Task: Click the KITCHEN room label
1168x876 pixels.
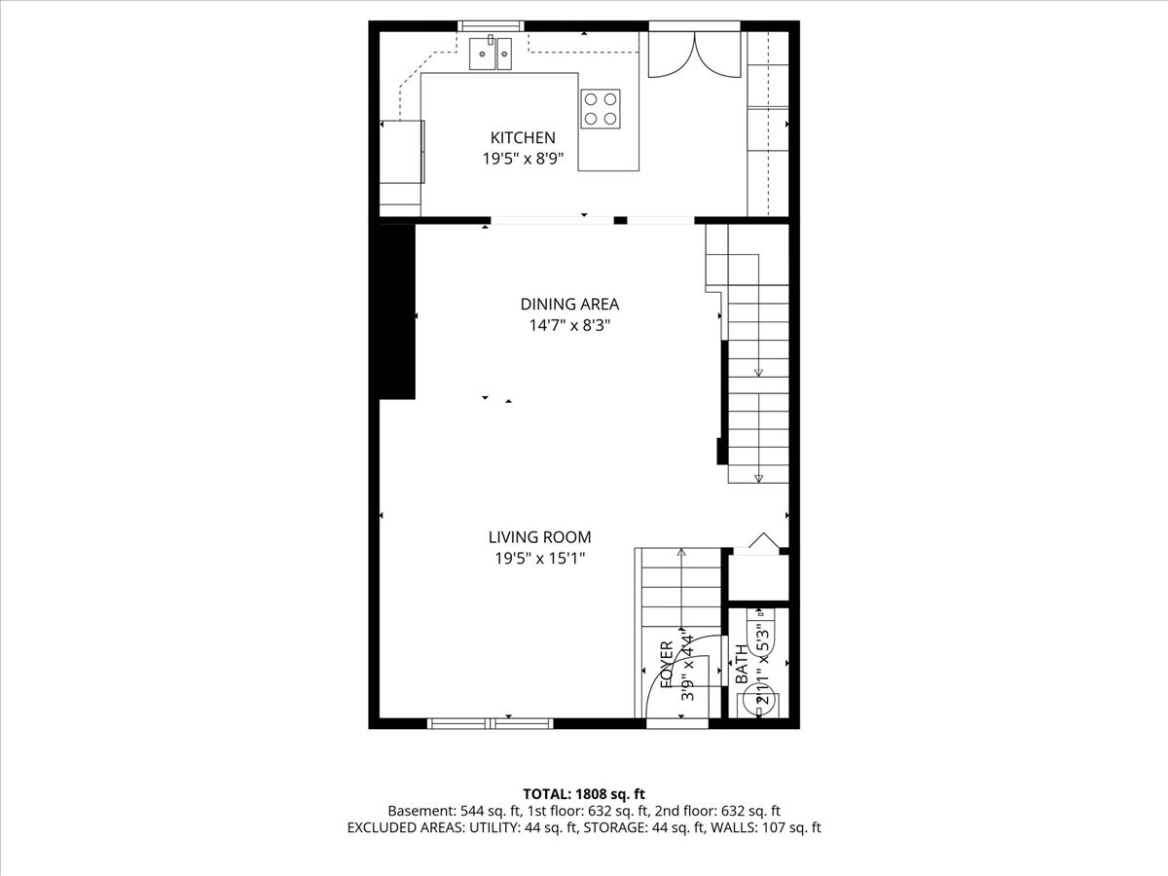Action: click(523, 138)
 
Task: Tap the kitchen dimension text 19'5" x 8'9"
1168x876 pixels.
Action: click(523, 159)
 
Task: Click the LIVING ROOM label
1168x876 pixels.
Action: click(539, 537)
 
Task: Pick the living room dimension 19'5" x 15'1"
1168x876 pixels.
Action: click(539, 558)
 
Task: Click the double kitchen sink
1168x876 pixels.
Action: click(492, 54)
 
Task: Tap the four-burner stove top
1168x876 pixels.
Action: click(601, 108)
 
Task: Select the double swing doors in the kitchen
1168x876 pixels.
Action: click(693, 55)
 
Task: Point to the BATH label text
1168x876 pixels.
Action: click(742, 665)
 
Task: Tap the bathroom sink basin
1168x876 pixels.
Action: click(758, 624)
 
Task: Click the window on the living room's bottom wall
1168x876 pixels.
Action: click(491, 722)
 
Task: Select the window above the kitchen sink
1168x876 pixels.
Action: click(491, 25)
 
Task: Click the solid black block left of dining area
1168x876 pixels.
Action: click(397, 311)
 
